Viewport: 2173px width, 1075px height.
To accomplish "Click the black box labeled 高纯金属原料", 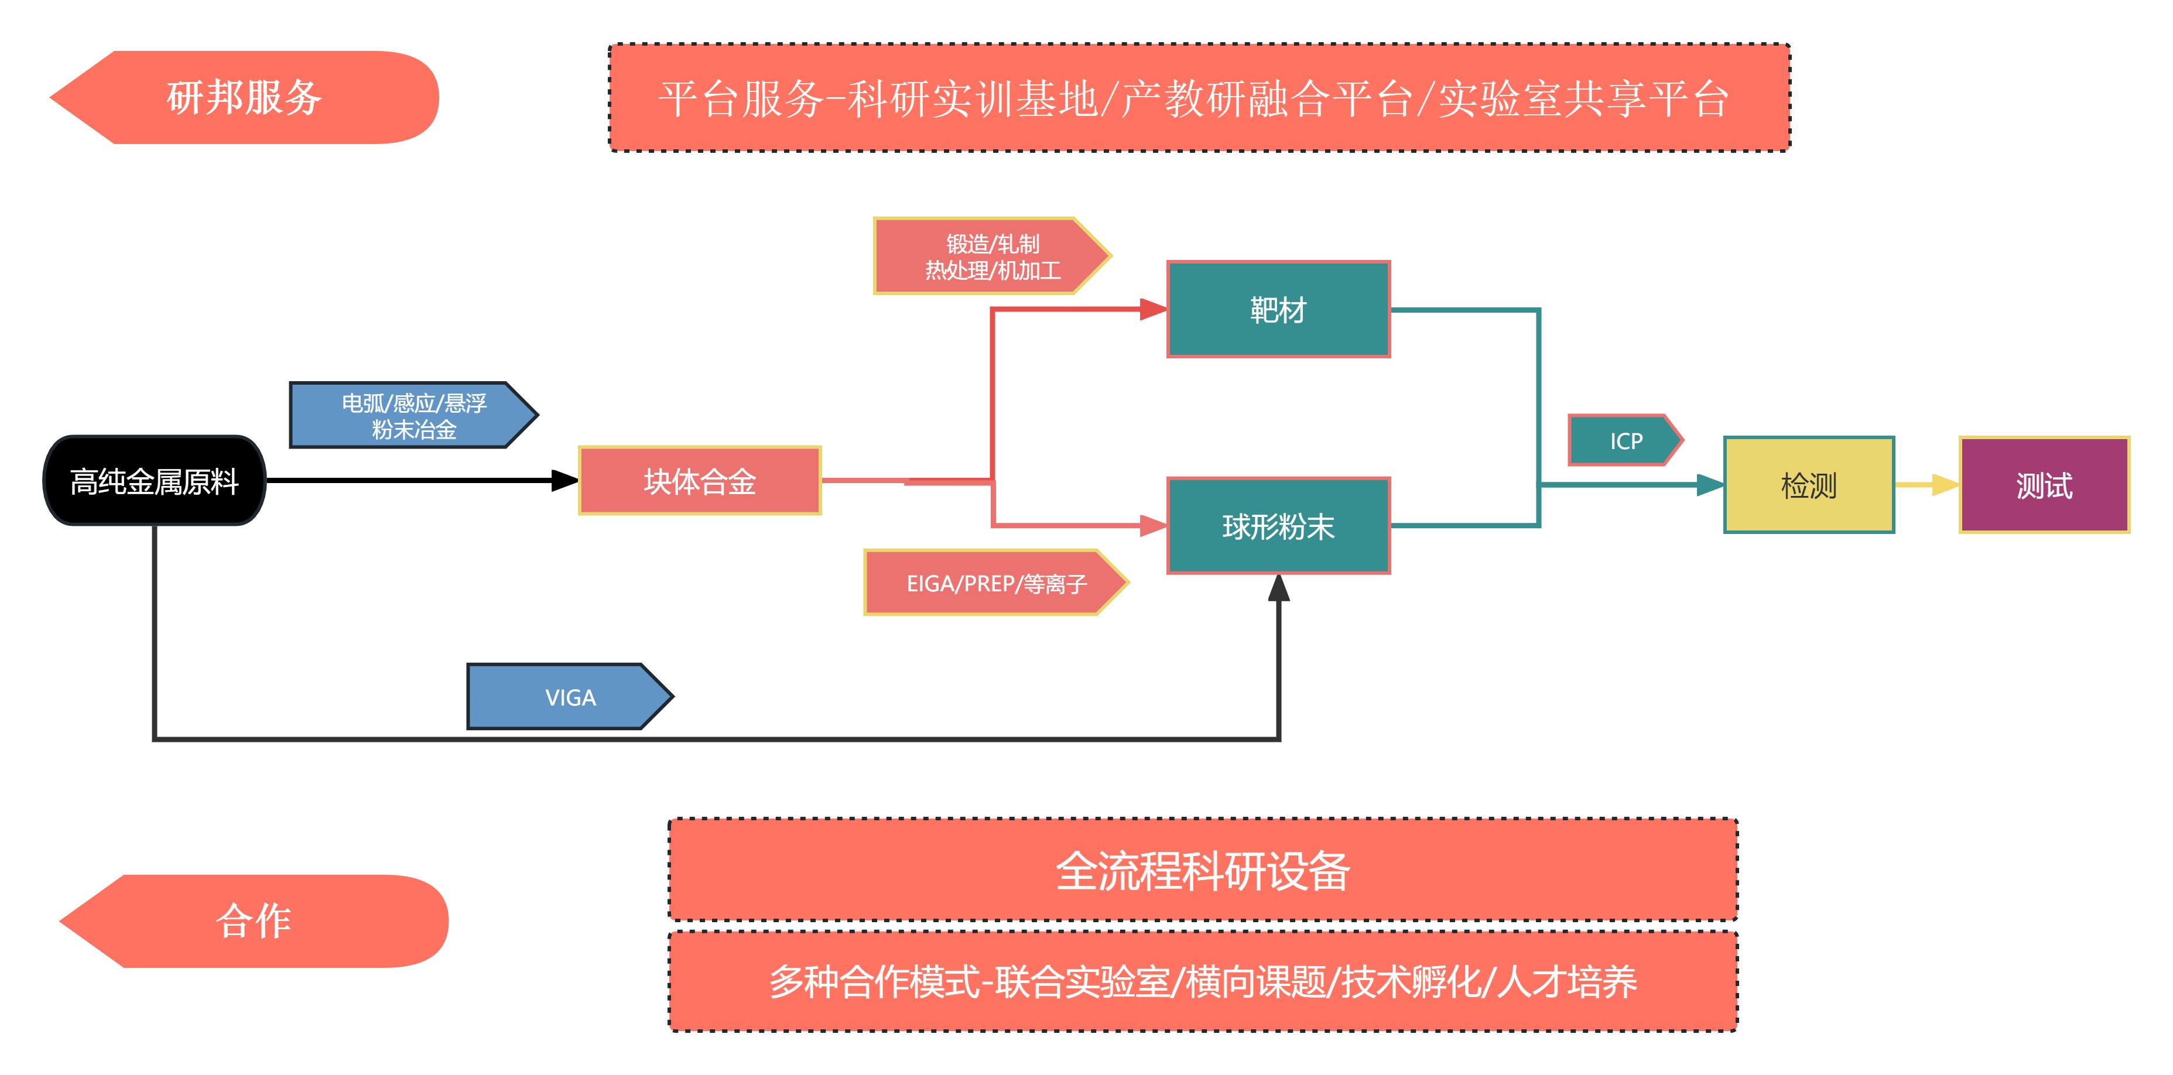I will tap(155, 481).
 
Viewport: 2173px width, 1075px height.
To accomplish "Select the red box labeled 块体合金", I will tap(699, 481).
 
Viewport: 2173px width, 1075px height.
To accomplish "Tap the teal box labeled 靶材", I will tap(1278, 310).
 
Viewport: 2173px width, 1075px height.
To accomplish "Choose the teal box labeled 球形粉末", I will tap(1278, 526).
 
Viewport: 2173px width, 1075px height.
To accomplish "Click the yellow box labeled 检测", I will tap(1809, 485).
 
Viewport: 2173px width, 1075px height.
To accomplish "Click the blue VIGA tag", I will tap(569, 697).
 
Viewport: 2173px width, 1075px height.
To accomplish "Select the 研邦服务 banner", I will tap(245, 97).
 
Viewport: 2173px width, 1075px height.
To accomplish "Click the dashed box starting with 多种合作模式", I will tap(1203, 981).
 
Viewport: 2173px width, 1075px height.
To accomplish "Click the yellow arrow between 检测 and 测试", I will tap(1928, 485).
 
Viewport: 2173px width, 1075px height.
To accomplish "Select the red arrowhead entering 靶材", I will tap(1153, 310).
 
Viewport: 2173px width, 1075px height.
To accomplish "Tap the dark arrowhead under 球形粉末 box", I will tap(1279, 588).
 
